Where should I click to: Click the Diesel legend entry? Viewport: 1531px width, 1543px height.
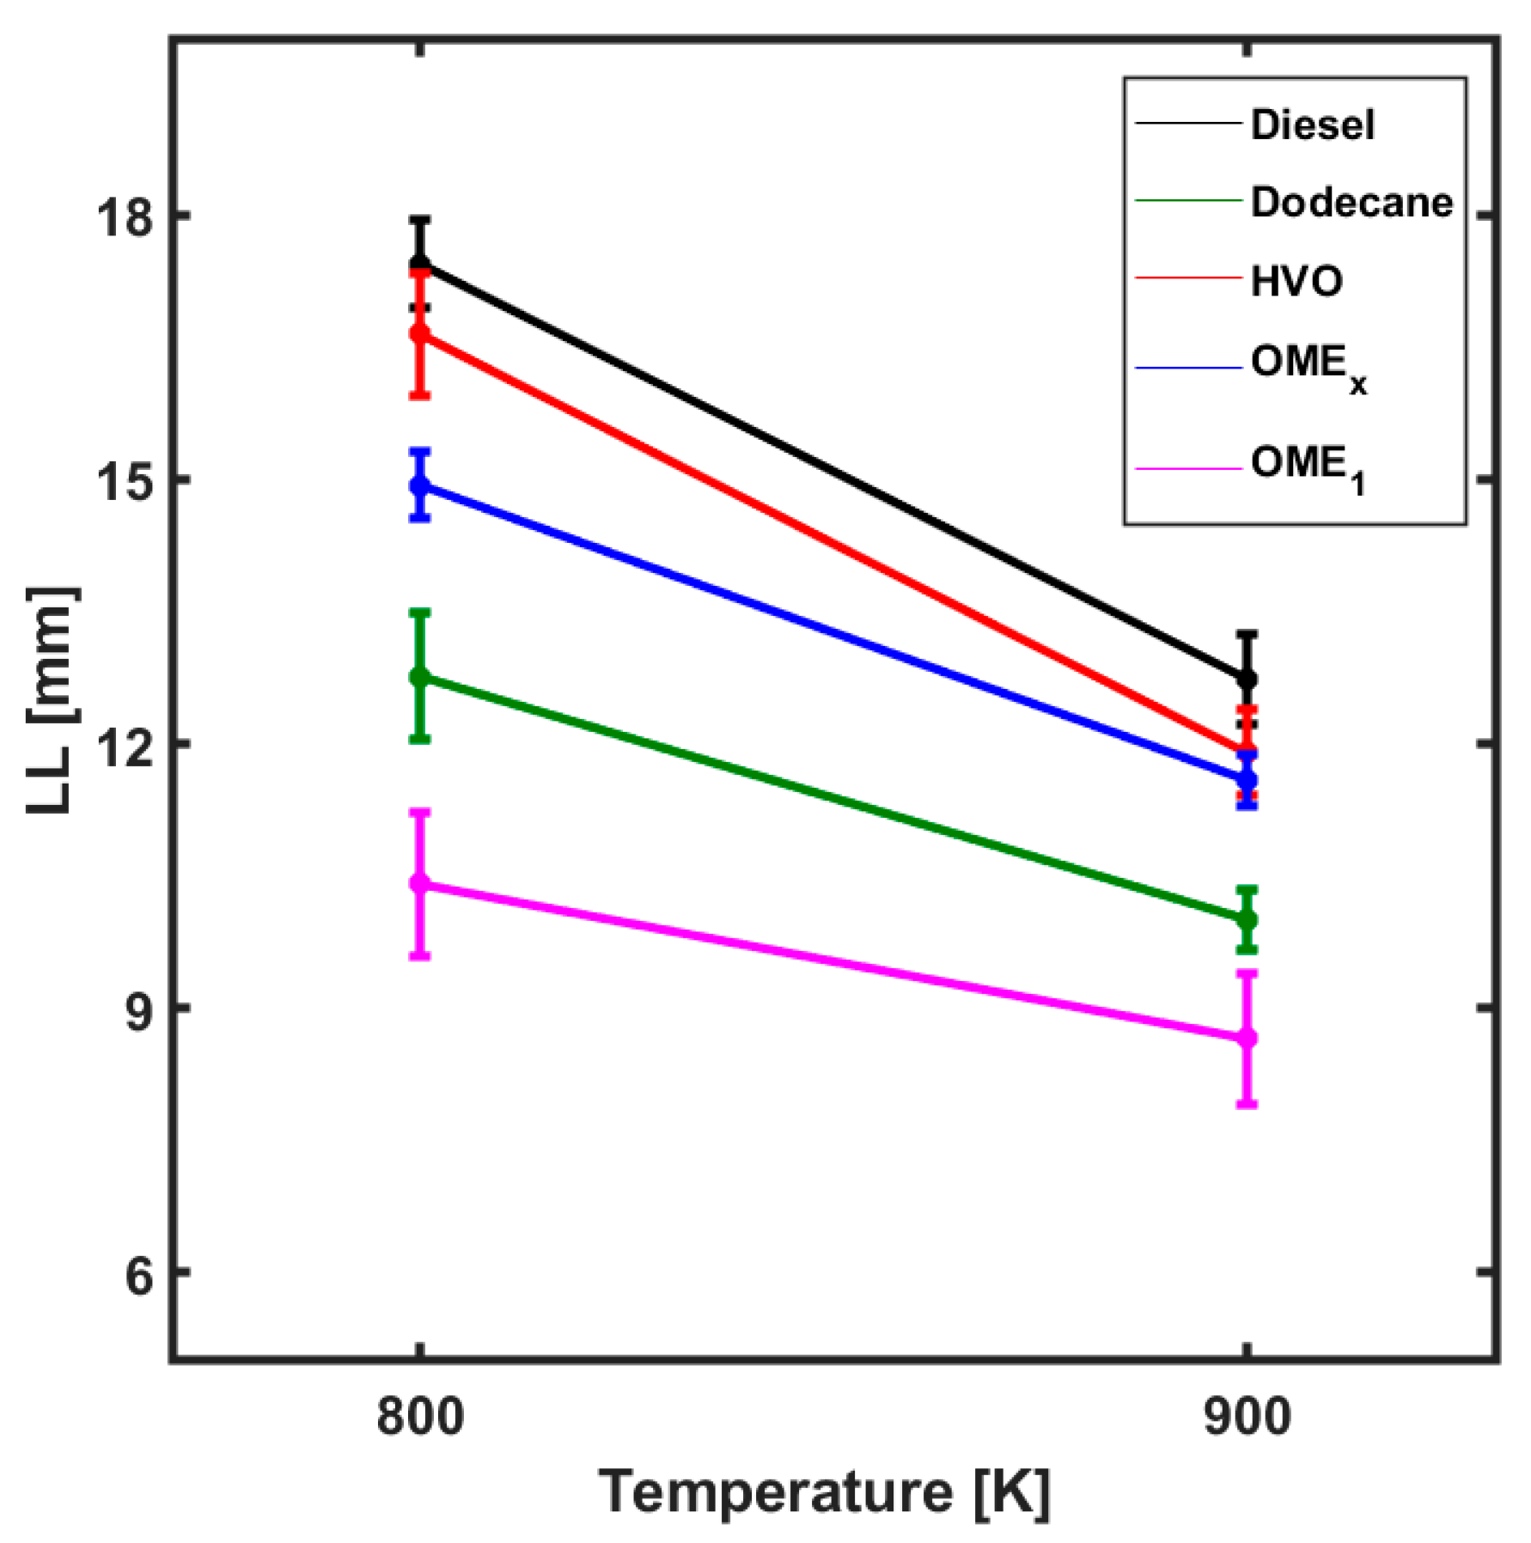pos(1311,125)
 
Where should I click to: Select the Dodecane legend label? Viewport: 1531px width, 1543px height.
pos(1351,203)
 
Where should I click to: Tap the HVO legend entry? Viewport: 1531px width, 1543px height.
pos(1296,281)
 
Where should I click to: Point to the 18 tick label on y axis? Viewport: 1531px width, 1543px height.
pos(123,216)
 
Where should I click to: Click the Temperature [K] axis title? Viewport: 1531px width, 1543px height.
pos(824,1493)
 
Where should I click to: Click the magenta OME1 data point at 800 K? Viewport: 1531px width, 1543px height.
pos(419,883)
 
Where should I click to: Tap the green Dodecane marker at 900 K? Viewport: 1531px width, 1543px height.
pos(1247,920)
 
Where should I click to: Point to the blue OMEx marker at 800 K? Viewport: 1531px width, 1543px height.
pos(419,485)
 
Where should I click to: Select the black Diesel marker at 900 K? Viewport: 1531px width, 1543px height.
pos(1247,680)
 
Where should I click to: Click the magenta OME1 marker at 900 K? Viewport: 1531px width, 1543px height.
pos(1247,1039)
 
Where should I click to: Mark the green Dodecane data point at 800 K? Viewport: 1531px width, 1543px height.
pos(419,677)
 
